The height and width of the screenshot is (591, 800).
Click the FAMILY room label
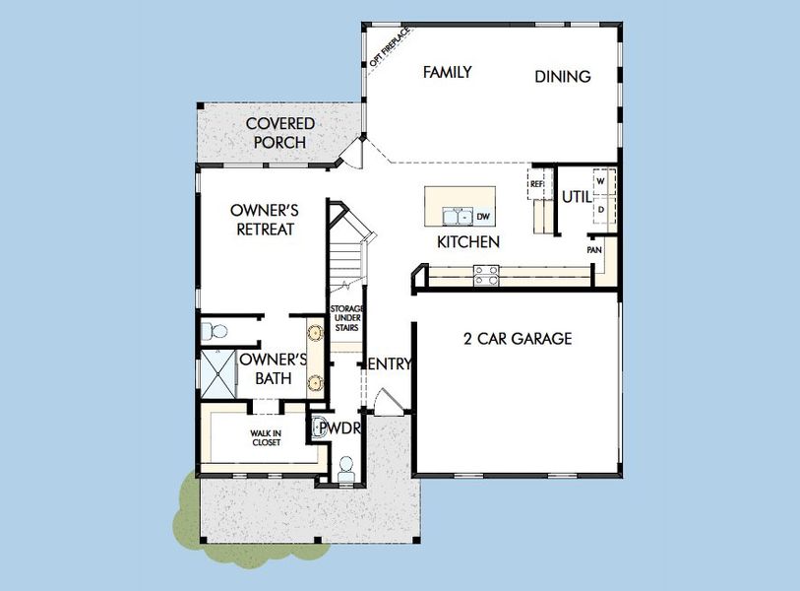coord(447,72)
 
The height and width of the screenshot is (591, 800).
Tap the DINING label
coord(563,76)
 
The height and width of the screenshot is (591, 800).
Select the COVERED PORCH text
coord(280,133)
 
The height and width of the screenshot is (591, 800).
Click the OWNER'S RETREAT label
coord(264,220)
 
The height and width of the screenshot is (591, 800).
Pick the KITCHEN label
coord(468,241)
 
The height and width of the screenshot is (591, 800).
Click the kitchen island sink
coord(457,216)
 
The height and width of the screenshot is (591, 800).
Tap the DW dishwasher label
coord(482,217)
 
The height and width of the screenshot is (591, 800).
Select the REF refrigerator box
coord(537,184)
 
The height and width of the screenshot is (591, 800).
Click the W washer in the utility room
coord(600,182)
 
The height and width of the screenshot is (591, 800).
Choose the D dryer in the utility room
coord(600,209)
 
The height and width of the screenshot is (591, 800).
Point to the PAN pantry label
coord(594,250)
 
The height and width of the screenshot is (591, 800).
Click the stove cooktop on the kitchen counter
coord(485,276)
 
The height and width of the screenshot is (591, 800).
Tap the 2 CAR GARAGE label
coord(518,339)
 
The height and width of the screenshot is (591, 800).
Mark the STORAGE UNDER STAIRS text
coord(344,319)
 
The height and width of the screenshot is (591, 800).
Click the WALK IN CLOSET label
coord(264,438)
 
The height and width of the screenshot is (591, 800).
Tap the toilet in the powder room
coord(345,467)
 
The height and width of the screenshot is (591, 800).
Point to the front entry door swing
coord(387,401)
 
